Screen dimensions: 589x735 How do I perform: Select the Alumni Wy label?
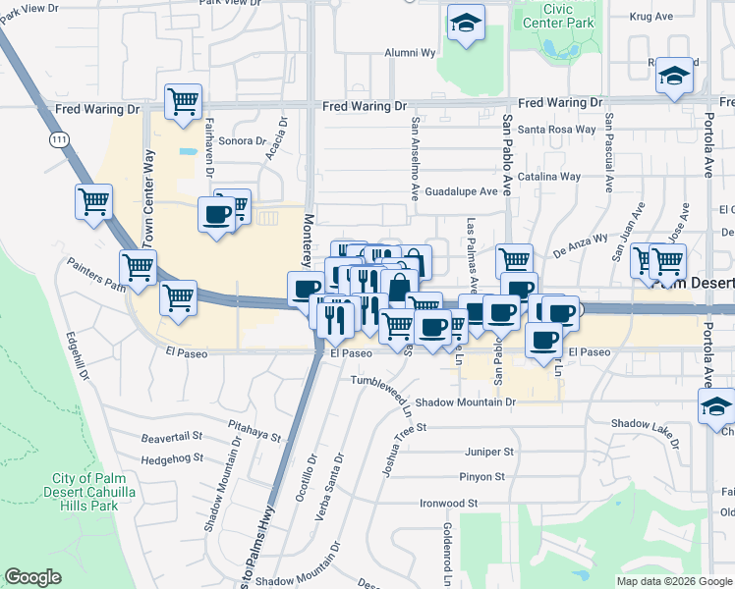coord(403,53)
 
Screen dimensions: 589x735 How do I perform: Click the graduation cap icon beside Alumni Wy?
coord(466,24)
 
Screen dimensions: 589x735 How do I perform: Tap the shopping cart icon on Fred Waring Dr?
coord(183,100)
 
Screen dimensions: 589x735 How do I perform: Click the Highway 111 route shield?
coord(61,141)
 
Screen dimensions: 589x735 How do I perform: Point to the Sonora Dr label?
coord(235,140)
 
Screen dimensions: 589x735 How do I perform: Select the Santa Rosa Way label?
coord(556,129)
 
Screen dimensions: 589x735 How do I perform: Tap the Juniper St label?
coord(489,452)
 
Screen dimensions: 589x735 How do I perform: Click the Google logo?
coord(32,577)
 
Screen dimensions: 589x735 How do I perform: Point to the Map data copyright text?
coord(673,581)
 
